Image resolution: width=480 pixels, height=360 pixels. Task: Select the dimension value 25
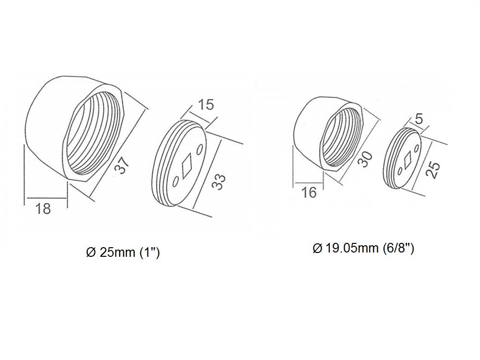pyautogui.click(x=433, y=170)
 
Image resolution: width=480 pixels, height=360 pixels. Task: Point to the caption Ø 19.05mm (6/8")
pyautogui.click(x=363, y=249)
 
